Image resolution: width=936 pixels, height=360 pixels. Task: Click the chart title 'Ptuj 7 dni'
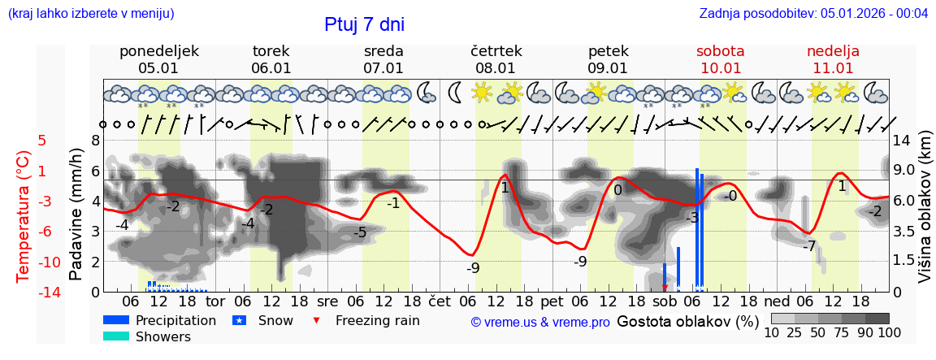tap(364, 24)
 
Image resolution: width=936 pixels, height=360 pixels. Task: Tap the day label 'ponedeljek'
tap(158, 51)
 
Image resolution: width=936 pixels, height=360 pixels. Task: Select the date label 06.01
tap(271, 68)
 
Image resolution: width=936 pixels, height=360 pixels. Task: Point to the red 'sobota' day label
tap(720, 51)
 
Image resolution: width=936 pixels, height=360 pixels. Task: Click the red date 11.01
tap(833, 68)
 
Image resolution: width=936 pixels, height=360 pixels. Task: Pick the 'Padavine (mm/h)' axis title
tap(76, 215)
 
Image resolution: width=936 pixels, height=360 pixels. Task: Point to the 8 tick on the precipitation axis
tap(95, 141)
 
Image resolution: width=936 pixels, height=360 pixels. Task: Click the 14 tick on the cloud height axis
tap(901, 141)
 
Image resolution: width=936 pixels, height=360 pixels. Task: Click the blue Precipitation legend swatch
tap(116, 320)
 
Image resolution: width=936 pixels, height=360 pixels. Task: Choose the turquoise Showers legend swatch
tap(116, 336)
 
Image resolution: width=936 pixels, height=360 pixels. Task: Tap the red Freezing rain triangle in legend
tap(317, 320)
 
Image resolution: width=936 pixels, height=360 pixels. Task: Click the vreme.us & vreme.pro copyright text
tap(540, 323)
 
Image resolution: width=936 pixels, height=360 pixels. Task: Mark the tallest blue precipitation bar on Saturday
tap(697, 229)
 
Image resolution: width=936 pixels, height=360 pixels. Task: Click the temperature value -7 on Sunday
tap(808, 246)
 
